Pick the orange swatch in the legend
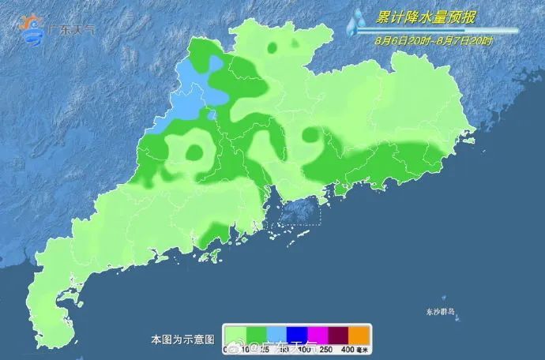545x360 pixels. pos(358,334)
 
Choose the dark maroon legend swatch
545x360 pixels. pos(336,334)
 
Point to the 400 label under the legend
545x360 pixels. pos(347,348)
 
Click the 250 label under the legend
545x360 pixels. pos(325,348)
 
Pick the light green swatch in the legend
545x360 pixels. pos(234,334)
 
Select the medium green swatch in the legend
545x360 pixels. pos(254,334)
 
